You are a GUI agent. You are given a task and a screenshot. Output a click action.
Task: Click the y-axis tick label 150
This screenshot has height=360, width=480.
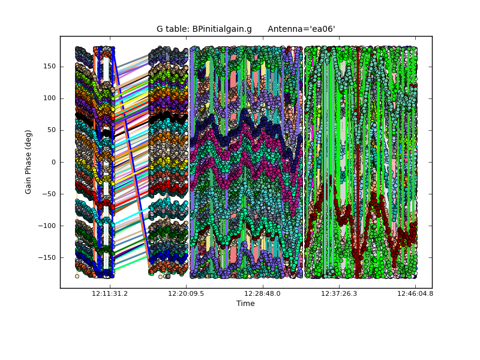pyautogui.click(x=50, y=67)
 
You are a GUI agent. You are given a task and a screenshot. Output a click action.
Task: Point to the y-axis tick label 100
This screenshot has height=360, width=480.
pyautogui.click(x=50, y=98)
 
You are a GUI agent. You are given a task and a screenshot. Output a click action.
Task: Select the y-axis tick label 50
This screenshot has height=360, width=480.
pyautogui.click(x=52, y=130)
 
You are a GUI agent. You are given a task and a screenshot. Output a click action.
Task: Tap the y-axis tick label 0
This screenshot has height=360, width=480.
pyautogui.click(x=53, y=162)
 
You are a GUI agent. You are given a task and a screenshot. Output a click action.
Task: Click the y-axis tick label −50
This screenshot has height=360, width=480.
pyautogui.click(x=50, y=194)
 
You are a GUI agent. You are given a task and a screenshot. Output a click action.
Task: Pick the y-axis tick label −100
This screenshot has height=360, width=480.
pyautogui.click(x=48, y=226)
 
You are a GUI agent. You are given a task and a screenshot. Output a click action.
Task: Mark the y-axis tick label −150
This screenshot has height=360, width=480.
pyautogui.click(x=48, y=257)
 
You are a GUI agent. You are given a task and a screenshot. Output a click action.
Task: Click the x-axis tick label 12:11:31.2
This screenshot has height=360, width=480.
pyautogui.click(x=110, y=294)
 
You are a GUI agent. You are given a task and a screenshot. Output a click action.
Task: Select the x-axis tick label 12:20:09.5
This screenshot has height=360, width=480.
pyautogui.click(x=186, y=294)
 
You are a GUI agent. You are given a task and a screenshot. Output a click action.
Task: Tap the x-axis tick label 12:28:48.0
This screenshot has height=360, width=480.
pyautogui.click(x=262, y=294)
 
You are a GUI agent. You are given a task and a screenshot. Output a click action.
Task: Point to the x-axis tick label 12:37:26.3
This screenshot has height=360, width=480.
pyautogui.click(x=339, y=294)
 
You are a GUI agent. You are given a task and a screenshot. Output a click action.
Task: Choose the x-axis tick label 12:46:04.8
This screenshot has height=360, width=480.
pyautogui.click(x=415, y=294)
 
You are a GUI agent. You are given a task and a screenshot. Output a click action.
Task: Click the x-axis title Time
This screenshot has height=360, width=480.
pyautogui.click(x=245, y=304)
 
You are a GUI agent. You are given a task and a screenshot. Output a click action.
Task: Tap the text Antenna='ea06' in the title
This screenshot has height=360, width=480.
pyautogui.click(x=301, y=29)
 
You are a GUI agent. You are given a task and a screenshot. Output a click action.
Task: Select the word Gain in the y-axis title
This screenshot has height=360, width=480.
pyautogui.click(x=28, y=184)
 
